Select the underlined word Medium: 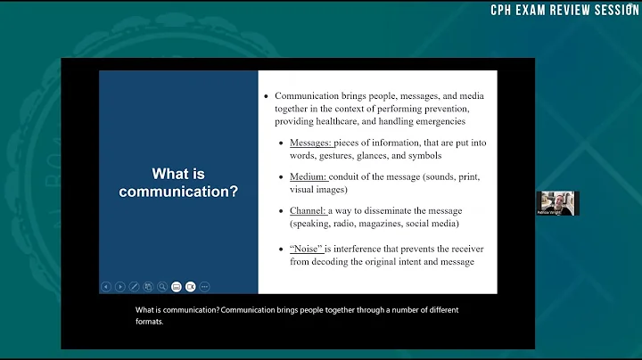click(x=309, y=176)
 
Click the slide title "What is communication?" click(x=178, y=183)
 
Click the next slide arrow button click(x=119, y=287)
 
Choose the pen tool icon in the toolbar click(x=134, y=287)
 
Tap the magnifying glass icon click(x=162, y=287)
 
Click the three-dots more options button click(x=204, y=287)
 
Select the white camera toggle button click(x=177, y=287)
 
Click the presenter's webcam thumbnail click(x=557, y=203)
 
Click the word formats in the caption click(x=150, y=322)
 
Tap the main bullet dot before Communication click(x=266, y=96)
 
